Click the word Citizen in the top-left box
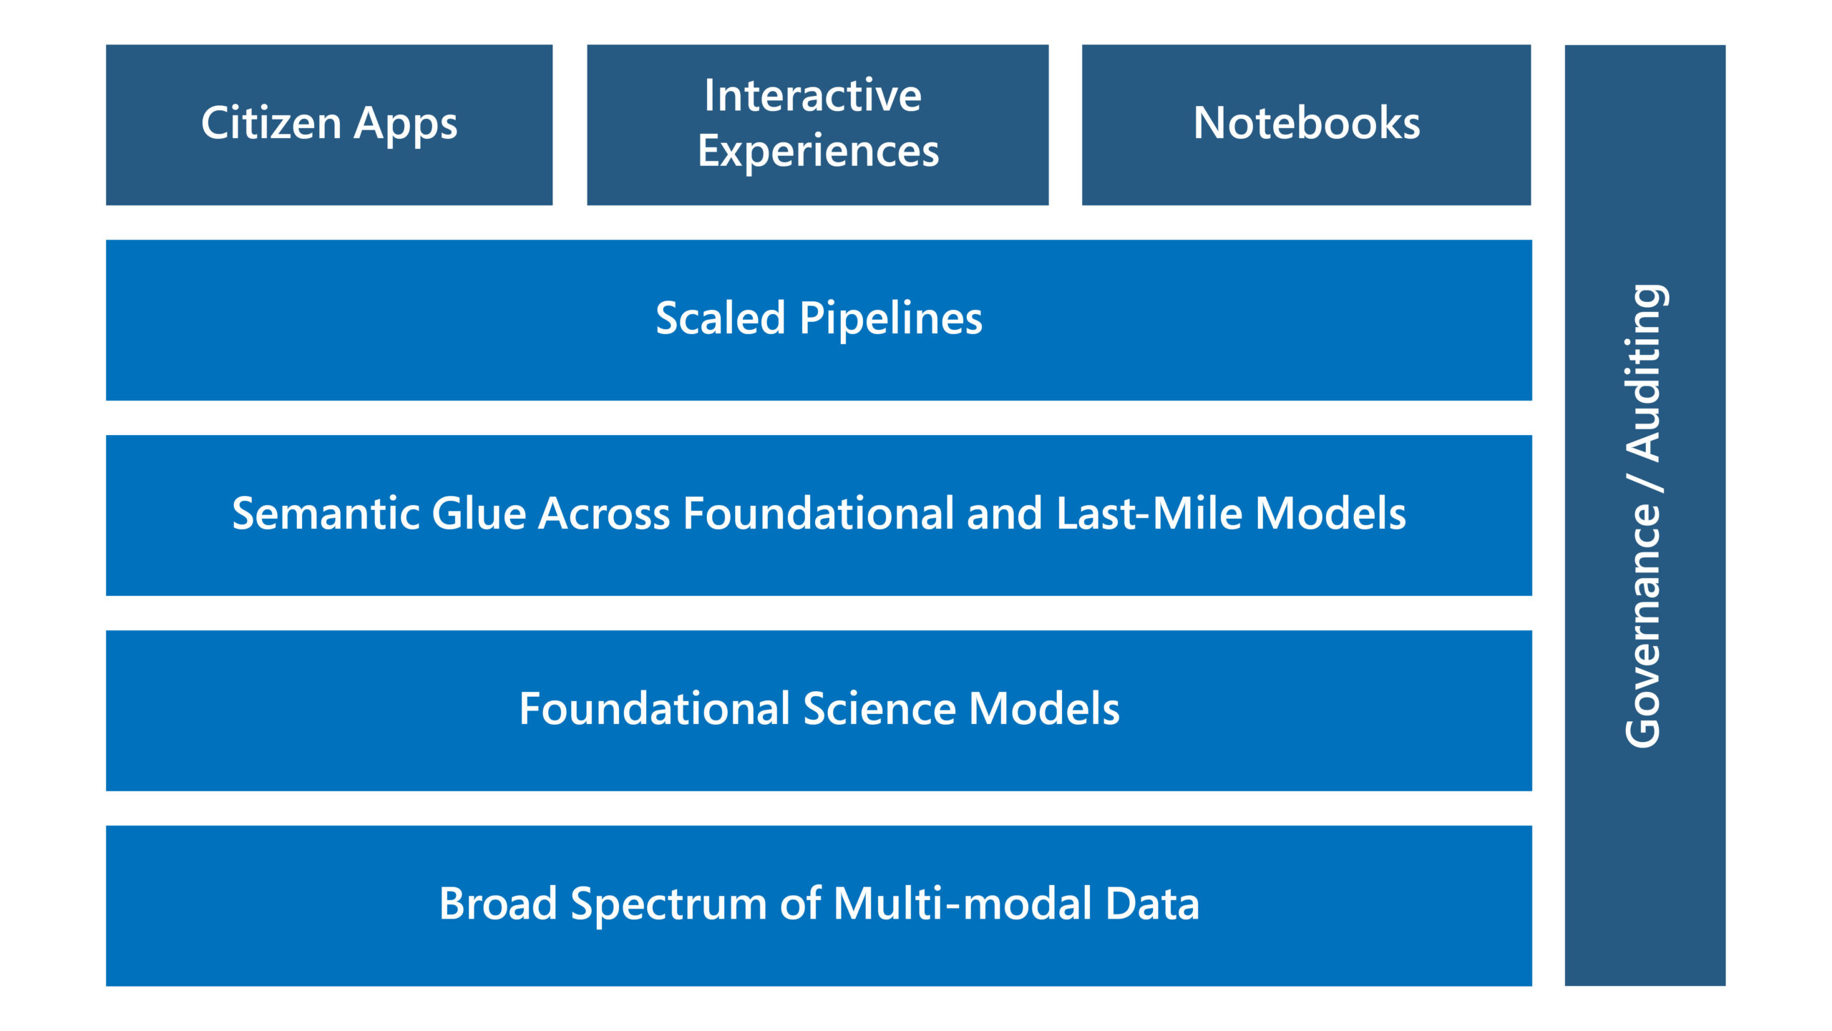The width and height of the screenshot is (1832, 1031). pos(271,123)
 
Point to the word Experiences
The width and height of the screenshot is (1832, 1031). pos(818,152)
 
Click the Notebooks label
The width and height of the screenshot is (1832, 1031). pos(1306,123)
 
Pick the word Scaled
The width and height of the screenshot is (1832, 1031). pos(720,318)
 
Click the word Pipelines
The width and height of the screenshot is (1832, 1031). pos(890,320)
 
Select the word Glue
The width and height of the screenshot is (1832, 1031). pos(479,514)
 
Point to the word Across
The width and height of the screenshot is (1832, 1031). pos(603,514)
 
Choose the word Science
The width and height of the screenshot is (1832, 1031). pos(879,709)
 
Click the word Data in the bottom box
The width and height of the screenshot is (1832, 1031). pos(1151,904)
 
